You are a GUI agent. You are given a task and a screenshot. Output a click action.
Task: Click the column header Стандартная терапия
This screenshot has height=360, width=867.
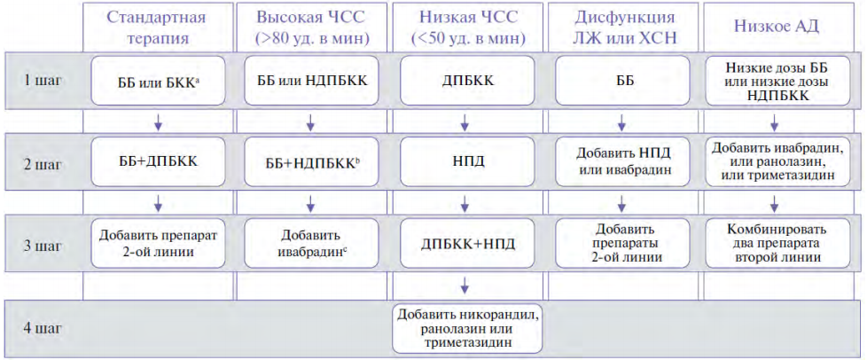tap(156, 27)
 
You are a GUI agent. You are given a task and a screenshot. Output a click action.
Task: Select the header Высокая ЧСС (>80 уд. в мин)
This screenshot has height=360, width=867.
tap(310, 27)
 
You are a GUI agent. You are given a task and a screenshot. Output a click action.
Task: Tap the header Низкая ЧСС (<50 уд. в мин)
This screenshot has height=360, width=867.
tap(465, 27)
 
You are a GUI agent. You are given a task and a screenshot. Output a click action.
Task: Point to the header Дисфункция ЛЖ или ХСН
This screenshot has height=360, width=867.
tap(621, 27)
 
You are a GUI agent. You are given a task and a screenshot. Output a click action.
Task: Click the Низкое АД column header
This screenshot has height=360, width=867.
tap(774, 27)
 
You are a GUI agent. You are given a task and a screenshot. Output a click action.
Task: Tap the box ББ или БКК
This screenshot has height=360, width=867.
tap(158, 80)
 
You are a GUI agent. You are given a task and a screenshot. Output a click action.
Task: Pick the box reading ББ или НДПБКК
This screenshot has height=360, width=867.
tap(312, 80)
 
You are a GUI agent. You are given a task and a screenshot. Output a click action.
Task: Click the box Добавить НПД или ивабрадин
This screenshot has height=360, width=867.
tap(622, 161)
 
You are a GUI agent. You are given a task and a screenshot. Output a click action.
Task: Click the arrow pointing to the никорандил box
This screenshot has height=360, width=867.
tap(465, 286)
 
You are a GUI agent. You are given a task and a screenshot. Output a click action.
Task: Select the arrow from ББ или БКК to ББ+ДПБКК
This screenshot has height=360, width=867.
tap(157, 121)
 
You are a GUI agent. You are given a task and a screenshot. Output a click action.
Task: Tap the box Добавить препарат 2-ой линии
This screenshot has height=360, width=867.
tap(158, 243)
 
